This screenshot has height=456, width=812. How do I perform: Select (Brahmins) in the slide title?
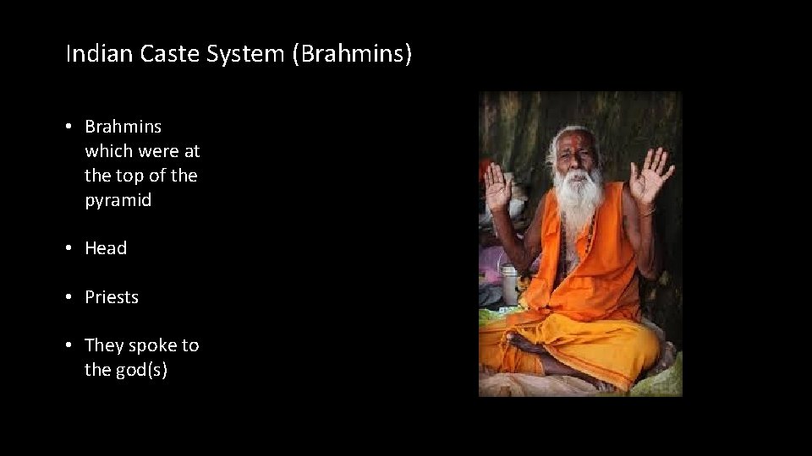click(350, 55)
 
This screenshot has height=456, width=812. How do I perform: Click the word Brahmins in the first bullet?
click(123, 127)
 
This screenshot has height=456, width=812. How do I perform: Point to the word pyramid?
click(118, 200)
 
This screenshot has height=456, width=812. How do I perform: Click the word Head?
click(106, 248)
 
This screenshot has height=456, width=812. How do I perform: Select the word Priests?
click(112, 297)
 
